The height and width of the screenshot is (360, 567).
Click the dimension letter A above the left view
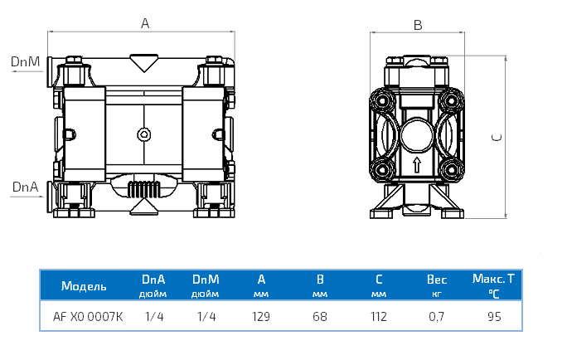(145, 24)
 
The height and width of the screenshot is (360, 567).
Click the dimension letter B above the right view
(418, 25)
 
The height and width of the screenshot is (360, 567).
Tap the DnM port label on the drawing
(25, 61)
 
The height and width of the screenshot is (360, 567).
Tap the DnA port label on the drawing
(25, 187)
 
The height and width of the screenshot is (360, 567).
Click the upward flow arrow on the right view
(417, 163)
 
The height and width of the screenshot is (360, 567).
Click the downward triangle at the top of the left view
(145, 61)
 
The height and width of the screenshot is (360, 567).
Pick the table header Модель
(84, 286)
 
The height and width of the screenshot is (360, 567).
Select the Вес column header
(436, 281)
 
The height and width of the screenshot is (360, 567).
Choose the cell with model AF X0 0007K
(89, 316)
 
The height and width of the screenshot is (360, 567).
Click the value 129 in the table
(261, 316)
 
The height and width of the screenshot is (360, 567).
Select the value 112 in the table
(378, 316)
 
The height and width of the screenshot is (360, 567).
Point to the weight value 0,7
(436, 316)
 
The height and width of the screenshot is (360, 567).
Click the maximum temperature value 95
(494, 316)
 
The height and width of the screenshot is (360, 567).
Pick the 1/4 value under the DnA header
(153, 316)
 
